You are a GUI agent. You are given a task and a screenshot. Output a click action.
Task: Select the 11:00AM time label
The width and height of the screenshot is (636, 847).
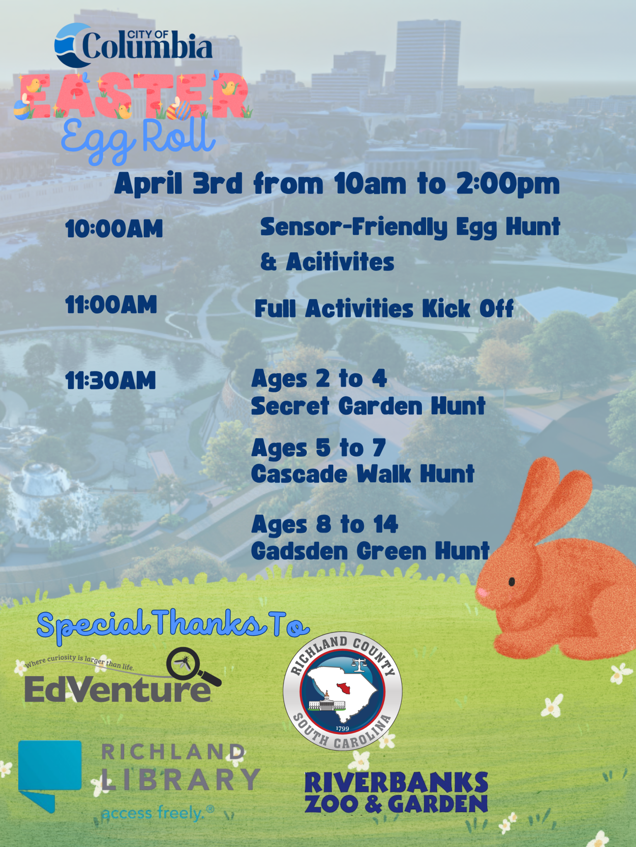pos(111,305)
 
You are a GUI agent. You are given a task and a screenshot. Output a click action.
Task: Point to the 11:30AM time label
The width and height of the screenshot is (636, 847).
pos(111,381)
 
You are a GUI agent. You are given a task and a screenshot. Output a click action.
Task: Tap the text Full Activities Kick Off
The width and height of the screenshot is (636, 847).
pos(384,309)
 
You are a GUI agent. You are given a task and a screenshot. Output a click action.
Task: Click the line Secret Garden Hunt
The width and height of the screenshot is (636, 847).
pos(368,406)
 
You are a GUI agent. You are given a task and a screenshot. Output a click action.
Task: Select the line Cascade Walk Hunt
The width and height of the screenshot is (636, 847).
pos(363,474)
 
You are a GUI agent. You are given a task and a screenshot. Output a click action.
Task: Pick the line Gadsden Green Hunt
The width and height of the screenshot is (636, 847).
pos(370,551)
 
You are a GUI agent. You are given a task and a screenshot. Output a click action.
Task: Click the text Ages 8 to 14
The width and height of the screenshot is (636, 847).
pos(325,524)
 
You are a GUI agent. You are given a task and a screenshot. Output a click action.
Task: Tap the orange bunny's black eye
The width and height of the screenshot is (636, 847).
pos(512,582)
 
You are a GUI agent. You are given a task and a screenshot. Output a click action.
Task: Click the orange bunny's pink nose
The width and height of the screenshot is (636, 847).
pos(482,593)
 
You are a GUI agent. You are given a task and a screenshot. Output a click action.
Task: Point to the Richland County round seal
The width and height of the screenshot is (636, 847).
pos(342,691)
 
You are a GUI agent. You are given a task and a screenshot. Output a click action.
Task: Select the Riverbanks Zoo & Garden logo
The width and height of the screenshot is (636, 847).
pos(396,793)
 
